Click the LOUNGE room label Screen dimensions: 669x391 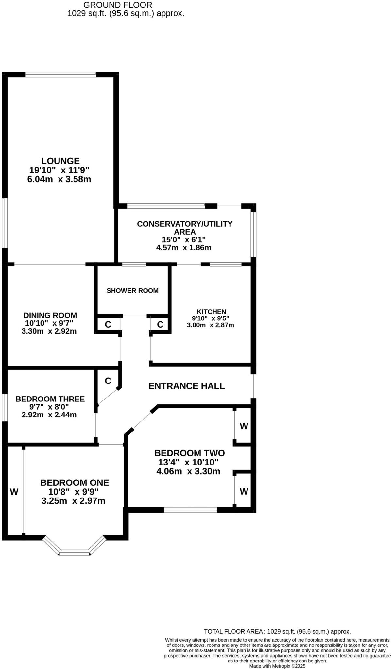click(60, 161)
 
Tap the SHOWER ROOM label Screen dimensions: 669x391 click(132, 291)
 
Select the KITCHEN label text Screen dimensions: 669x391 click(211, 312)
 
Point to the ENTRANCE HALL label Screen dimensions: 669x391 click(187, 386)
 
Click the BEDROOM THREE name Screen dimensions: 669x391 click(50, 399)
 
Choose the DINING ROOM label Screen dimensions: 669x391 click(50, 315)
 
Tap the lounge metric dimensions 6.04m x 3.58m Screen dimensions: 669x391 click(59, 179)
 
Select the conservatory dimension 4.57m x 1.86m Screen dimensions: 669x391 click(184, 248)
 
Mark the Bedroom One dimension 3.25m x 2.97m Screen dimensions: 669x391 click(74, 501)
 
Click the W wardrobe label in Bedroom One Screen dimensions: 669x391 click(14, 492)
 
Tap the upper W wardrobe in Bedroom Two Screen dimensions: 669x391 click(244, 426)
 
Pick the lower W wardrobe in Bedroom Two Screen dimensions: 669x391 click(244, 491)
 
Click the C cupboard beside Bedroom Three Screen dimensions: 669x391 click(108, 381)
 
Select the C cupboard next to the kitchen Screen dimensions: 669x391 click(160, 324)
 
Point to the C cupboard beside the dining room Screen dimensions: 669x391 click(108, 324)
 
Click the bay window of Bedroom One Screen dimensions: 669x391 click(75, 552)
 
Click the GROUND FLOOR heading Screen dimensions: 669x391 click(118, 5)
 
